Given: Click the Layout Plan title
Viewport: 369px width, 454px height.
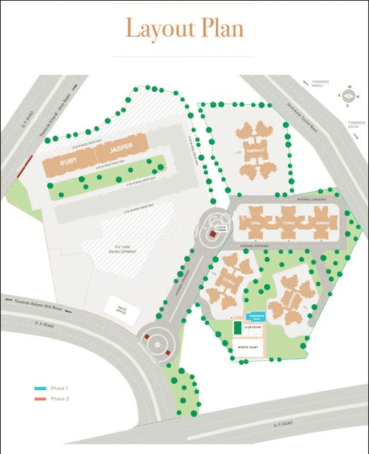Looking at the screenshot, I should [184, 29].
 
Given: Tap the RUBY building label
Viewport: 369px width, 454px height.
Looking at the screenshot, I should [68, 162].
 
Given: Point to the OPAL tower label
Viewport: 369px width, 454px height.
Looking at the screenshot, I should [255, 223].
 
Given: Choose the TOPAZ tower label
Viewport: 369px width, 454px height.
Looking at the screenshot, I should [289, 223].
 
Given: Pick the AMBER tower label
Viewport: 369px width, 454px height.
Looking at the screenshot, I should [322, 223].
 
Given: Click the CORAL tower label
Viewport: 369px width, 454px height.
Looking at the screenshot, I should [229, 282].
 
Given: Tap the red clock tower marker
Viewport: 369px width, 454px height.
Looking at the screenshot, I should [212, 233].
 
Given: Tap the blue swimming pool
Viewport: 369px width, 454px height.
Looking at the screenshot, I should [256, 316].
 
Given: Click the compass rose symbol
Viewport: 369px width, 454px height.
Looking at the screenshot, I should [349, 97].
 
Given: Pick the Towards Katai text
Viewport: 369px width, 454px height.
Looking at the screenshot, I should [356, 124].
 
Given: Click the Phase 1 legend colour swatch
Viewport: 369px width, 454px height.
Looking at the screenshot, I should [40, 388].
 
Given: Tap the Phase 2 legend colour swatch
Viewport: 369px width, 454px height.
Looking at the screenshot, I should [40, 398].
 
